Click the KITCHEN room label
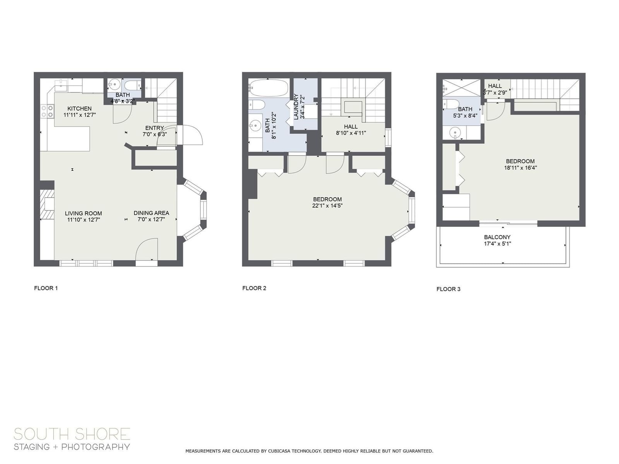(79, 109)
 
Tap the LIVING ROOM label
(83, 213)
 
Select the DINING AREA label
(151, 213)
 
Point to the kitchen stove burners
(47, 111)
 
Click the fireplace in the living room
(47, 204)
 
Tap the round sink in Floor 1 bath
(115, 84)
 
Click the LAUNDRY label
(296, 107)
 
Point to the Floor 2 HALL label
(351, 126)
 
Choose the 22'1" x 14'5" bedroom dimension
(327, 206)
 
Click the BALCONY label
(497, 237)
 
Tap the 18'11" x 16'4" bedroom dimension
(520, 168)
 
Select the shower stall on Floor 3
(461, 88)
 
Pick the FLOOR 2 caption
(254, 288)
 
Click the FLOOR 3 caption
(448, 289)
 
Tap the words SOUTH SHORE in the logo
(72, 434)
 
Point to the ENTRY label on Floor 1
(154, 128)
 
